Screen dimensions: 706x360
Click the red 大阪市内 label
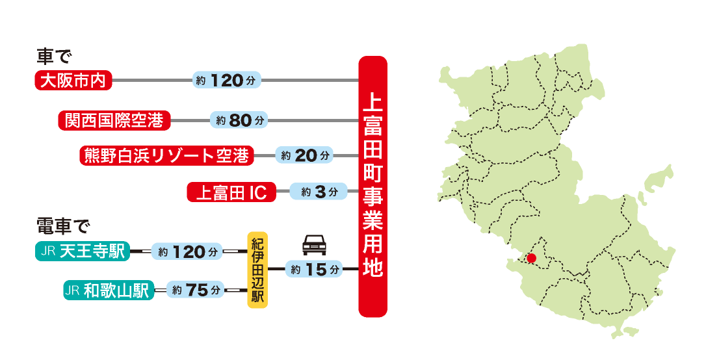(73, 81)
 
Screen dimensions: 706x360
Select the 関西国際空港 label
(114, 120)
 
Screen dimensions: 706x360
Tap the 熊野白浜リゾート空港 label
(166, 155)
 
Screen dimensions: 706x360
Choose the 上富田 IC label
(231, 192)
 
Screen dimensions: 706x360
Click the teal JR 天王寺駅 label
(83, 251)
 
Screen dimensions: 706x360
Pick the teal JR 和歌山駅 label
(109, 290)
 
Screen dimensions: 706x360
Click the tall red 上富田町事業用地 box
(373, 187)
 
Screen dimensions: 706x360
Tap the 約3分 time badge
(315, 192)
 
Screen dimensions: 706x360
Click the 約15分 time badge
(315, 268)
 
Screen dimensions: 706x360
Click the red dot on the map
(531, 258)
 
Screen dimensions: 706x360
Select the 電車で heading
(62, 228)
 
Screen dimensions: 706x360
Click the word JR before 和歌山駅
(72, 290)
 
